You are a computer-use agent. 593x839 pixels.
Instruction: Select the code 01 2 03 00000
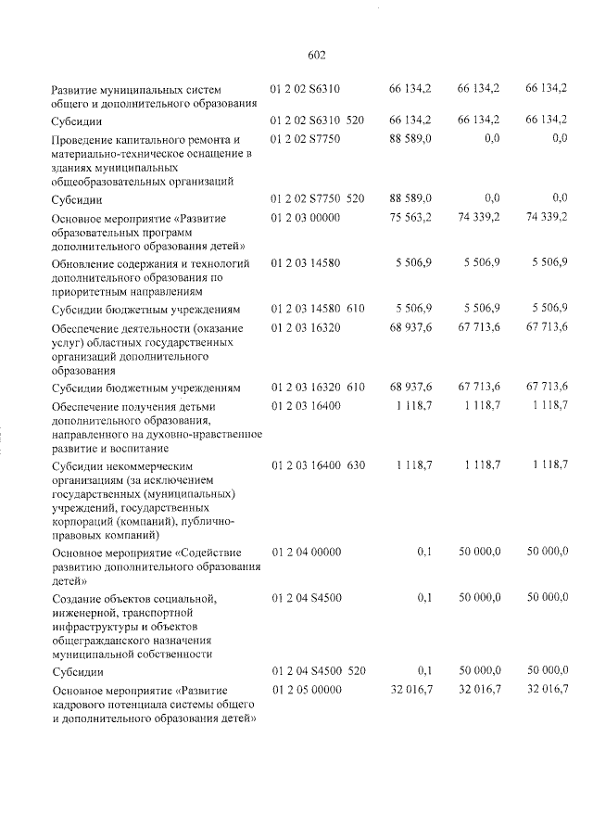coord(306,218)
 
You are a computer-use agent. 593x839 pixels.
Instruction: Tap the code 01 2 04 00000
coord(306,552)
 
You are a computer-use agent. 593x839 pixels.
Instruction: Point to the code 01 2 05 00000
coord(306,690)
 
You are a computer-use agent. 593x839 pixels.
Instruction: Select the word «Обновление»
coord(82,263)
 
